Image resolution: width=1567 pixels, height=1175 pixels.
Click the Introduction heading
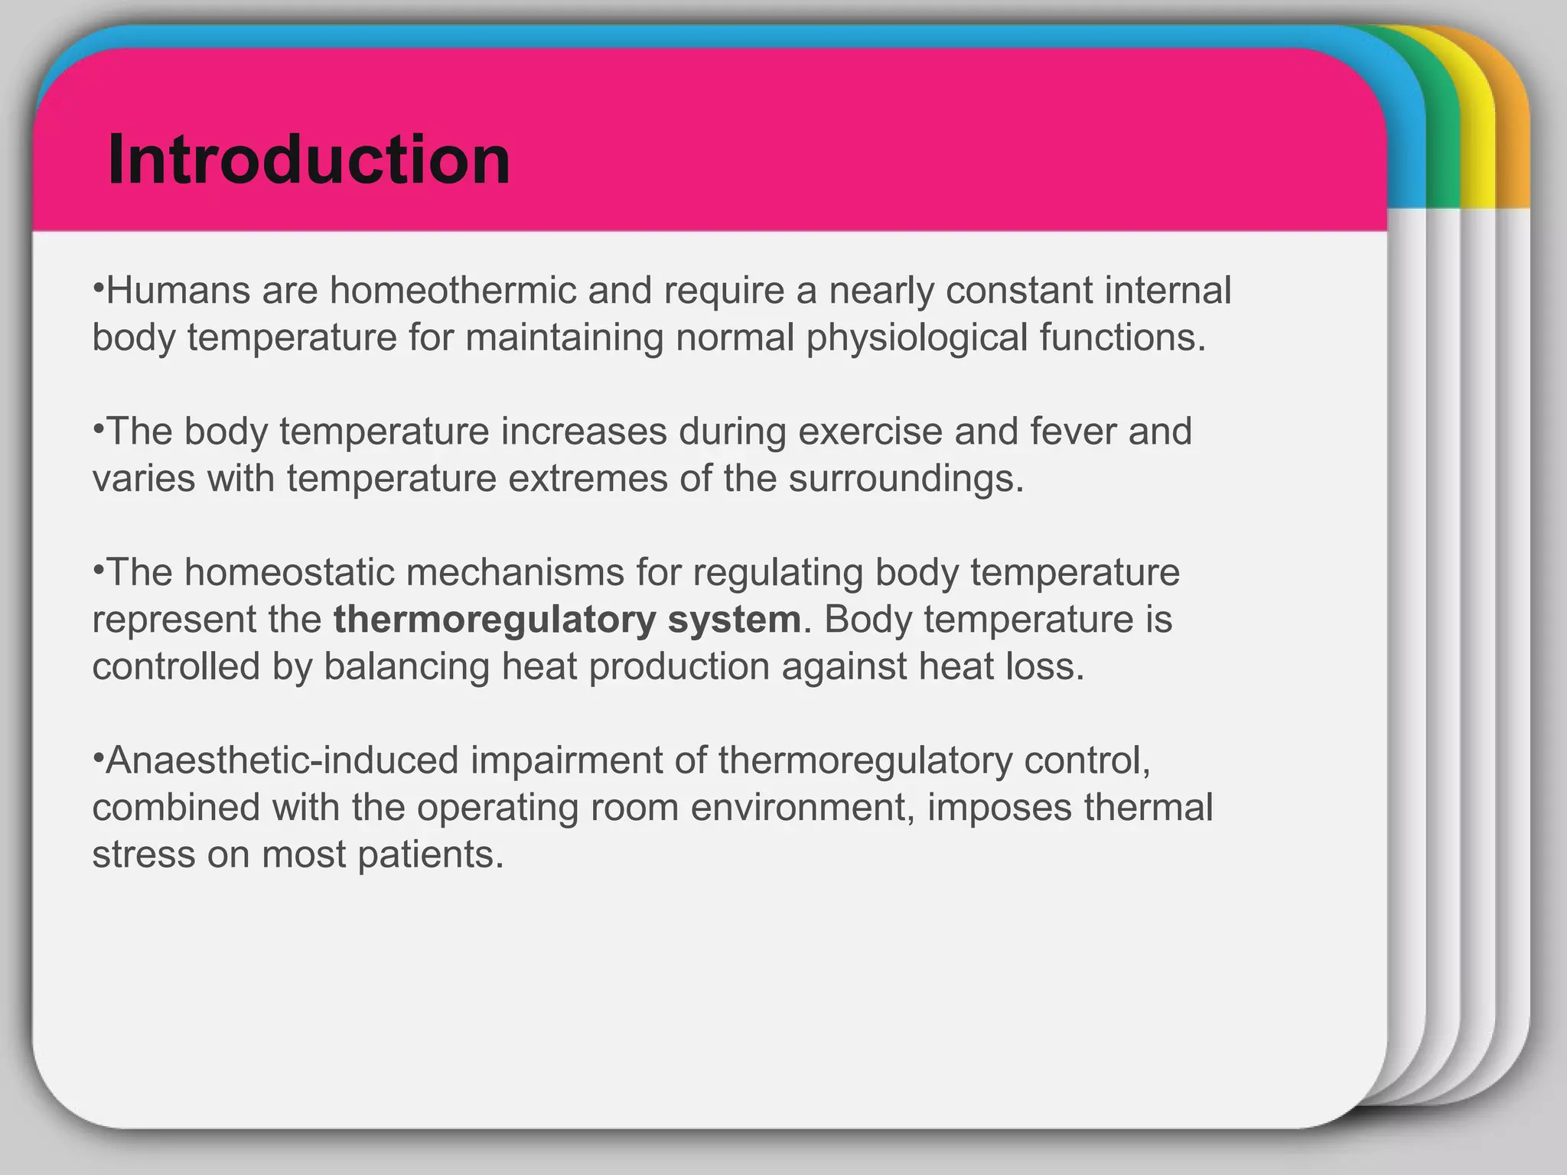[309, 160]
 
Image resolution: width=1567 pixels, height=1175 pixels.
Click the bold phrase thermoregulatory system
[567, 620]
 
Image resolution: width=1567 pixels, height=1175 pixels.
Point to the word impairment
[566, 760]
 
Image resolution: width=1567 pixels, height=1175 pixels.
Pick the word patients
[431, 854]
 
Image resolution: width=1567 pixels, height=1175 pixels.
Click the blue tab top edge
[689, 35]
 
